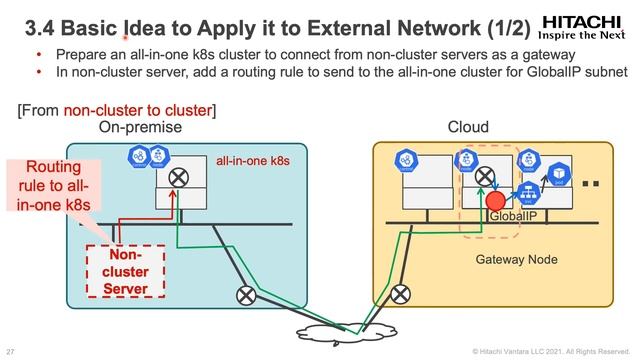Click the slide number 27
pos(10,351)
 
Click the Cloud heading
pos(468,128)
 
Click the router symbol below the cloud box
pos(402,294)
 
